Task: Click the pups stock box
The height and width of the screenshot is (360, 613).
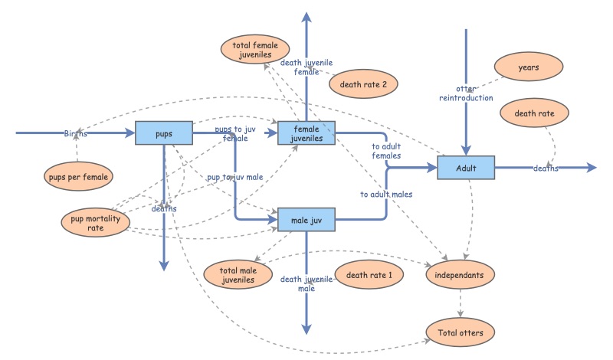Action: coord(163,133)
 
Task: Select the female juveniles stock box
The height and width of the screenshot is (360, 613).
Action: coord(306,133)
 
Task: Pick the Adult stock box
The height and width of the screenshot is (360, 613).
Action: coord(466,168)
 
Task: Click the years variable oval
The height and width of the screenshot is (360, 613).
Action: coord(528,67)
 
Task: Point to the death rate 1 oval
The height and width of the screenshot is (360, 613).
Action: coord(369,275)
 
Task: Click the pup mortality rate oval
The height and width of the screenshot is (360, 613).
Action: coord(95,222)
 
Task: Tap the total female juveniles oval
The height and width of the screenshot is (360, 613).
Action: coord(254,50)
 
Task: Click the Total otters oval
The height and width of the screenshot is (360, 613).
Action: coord(460,332)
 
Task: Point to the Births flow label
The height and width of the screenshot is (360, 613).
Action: coord(75,133)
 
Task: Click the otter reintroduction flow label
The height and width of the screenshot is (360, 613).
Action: coord(466,93)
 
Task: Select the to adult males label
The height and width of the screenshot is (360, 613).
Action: coord(386,195)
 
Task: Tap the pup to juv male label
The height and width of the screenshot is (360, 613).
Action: coord(234,177)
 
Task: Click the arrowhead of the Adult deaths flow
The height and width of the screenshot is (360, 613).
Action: coord(591,168)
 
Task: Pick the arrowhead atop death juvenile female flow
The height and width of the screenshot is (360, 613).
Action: coord(306,18)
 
